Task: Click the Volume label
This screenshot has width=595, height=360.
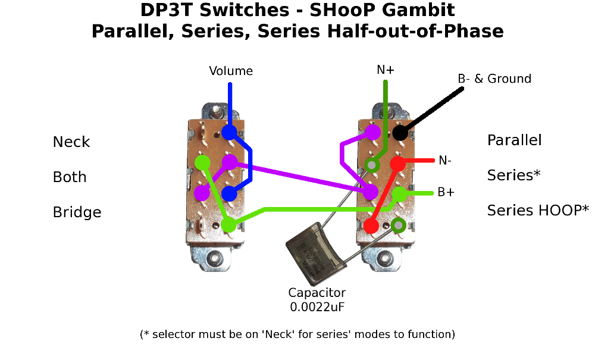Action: pyautogui.click(x=231, y=71)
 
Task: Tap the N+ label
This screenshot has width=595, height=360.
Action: pyautogui.click(x=386, y=70)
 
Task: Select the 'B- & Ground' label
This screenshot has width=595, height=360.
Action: pyautogui.click(x=494, y=79)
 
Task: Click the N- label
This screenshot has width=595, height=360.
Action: pyautogui.click(x=446, y=160)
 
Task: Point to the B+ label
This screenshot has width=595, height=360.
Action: pyautogui.click(x=446, y=192)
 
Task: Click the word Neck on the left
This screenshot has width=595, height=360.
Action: pyautogui.click(x=71, y=142)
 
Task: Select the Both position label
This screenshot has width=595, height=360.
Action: pyautogui.click(x=70, y=177)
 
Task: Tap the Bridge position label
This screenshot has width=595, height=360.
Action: pyautogui.click(x=77, y=212)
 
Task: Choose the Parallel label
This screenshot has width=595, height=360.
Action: pyautogui.click(x=514, y=140)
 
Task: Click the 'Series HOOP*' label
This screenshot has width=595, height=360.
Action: pyautogui.click(x=538, y=210)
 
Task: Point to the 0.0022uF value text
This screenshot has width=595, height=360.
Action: pyautogui.click(x=317, y=307)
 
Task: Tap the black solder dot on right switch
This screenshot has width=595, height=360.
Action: pyautogui.click(x=400, y=133)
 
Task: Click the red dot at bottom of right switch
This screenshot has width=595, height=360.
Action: pyautogui.click(x=371, y=226)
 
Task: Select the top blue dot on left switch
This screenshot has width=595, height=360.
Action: pyautogui.click(x=229, y=132)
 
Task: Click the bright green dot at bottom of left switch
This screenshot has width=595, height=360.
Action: pyautogui.click(x=228, y=224)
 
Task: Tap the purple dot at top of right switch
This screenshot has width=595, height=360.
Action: pyautogui.click(x=373, y=132)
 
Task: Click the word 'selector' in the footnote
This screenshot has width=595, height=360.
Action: pyautogui.click(x=173, y=334)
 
